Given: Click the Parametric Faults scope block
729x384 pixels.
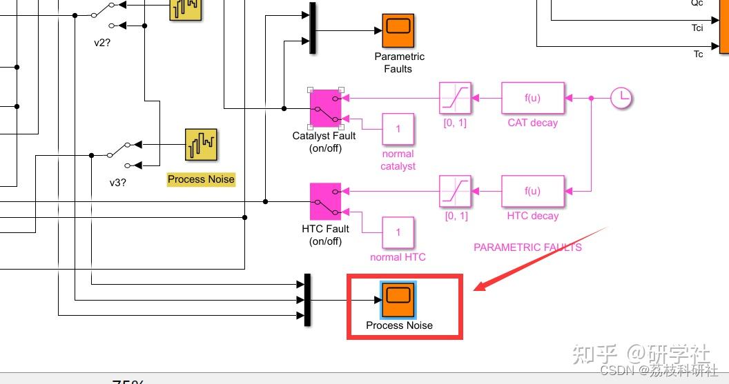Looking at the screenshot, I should pos(398,30).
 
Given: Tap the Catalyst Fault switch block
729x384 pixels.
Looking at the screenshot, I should pos(326,108).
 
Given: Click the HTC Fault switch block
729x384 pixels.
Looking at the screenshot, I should pos(326,201).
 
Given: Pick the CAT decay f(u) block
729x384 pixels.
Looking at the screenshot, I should pos(532,99).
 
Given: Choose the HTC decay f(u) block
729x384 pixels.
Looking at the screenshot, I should pos(532,191).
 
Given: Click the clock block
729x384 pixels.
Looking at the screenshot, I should pos(621,98).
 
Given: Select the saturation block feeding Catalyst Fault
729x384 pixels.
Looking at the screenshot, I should pos(456,99).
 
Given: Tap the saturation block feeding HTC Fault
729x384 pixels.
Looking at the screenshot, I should pos(456,191).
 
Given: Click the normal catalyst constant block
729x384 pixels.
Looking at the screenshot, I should pos(398,129).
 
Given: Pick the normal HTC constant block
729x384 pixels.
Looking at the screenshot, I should pos(398,232).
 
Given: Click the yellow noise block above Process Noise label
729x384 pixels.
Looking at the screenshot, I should pos(201,145).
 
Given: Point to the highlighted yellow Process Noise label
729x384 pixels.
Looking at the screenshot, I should pos(201,179).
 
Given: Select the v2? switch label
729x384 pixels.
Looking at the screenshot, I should pos(103,42).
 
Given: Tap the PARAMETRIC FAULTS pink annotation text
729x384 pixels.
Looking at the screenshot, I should pos(527,247).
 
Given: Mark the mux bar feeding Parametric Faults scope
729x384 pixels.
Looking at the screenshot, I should pos(313,28).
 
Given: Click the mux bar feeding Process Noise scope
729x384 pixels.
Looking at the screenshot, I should pos(307,299).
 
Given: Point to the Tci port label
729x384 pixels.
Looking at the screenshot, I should pos(697,28).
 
